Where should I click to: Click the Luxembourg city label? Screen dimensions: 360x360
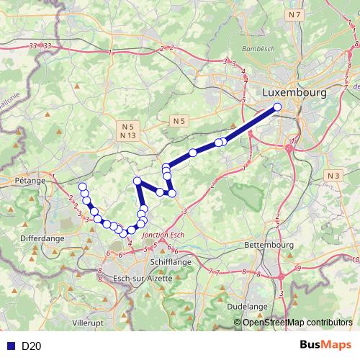point(294,93)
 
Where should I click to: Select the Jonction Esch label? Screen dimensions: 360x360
point(164,235)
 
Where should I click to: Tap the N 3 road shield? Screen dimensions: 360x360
point(333,176)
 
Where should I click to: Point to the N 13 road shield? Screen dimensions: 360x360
point(128,135)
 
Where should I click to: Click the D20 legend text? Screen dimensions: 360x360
point(31,346)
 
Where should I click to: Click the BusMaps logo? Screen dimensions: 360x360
point(326,345)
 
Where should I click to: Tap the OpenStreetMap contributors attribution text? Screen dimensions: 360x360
point(297,323)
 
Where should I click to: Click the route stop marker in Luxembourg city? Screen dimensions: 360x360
point(277,108)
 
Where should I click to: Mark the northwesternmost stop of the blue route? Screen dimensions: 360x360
point(82,187)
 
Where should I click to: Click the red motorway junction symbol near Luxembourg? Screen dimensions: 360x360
point(289,148)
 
